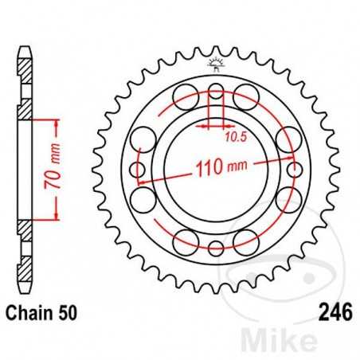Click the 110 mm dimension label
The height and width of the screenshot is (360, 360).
tap(217, 168)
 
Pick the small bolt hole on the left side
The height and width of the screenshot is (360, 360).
tap(138, 169)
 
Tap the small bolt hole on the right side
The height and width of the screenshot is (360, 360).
tap(295, 169)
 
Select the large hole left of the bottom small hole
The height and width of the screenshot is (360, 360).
tap(186, 241)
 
